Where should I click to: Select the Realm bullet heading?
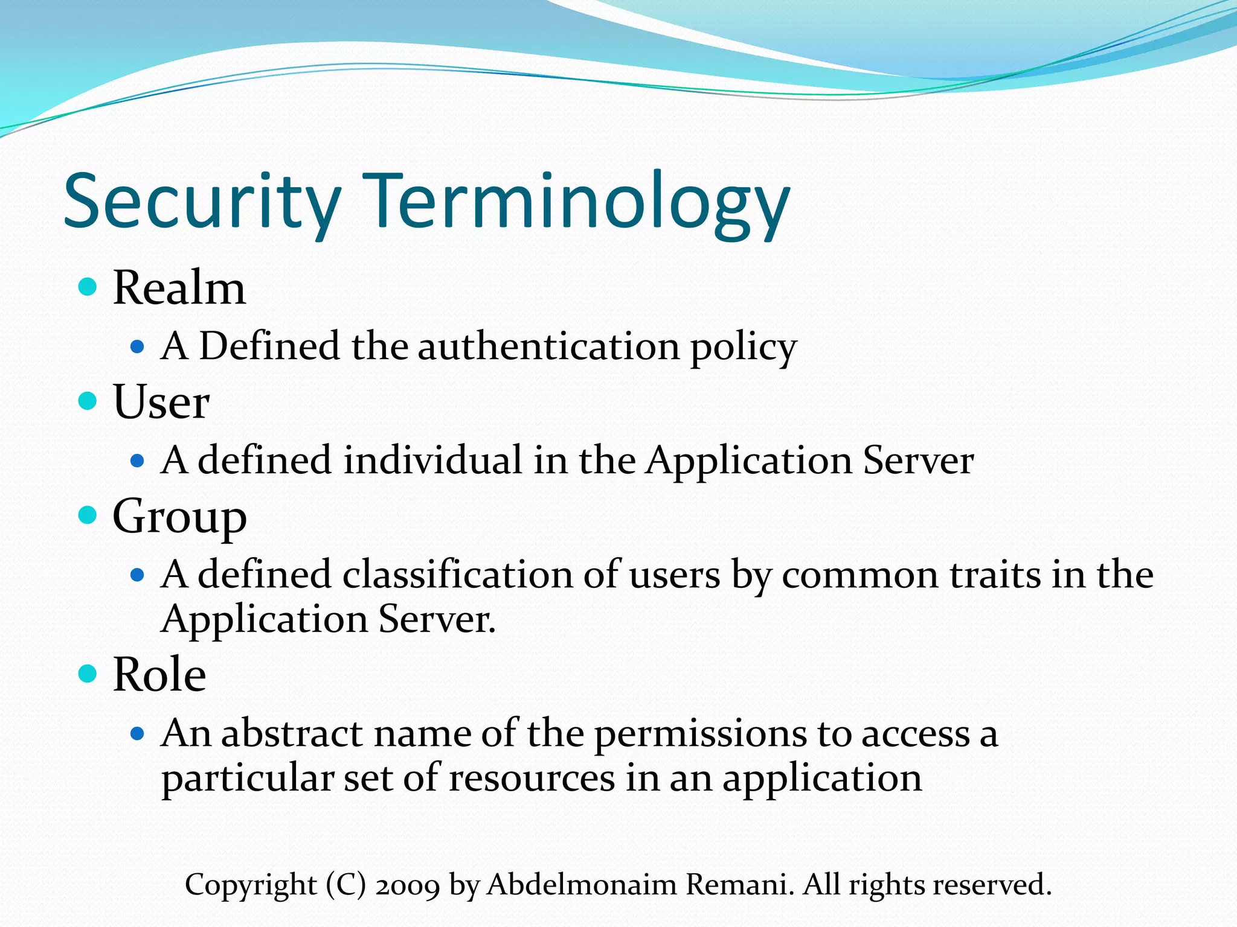click(179, 288)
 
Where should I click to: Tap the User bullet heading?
click(161, 402)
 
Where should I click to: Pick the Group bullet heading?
click(179, 517)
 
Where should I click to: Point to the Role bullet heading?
click(159, 674)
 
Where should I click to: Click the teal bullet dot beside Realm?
click(88, 286)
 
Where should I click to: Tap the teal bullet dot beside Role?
click(88, 673)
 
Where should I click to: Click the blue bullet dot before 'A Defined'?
click(138, 346)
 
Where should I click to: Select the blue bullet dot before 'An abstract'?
click(138, 734)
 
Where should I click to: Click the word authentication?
click(548, 346)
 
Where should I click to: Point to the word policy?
click(744, 348)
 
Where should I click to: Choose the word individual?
click(432, 460)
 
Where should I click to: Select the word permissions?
click(700, 734)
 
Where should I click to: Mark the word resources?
click(532, 778)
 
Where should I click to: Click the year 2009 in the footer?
click(407, 885)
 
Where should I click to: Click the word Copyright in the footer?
click(251, 885)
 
